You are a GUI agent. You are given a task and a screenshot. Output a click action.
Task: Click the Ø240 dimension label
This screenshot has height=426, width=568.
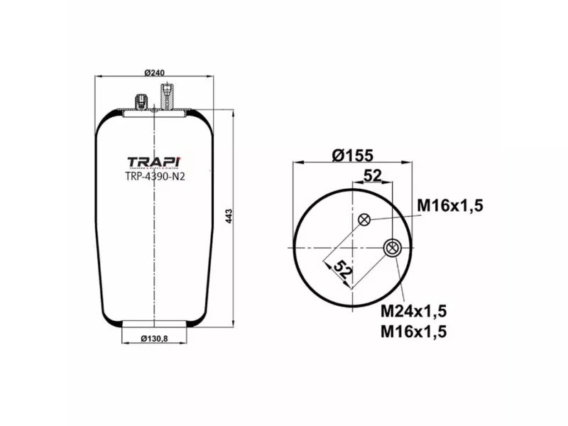pyautogui.click(x=154, y=72)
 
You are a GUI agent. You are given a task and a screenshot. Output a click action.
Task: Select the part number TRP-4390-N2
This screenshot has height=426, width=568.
pyautogui.click(x=155, y=177)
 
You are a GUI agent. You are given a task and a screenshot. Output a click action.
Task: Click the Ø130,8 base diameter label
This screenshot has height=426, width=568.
pyautogui.click(x=154, y=337)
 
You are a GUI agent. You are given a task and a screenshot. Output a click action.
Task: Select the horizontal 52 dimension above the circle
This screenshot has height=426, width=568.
pyautogui.click(x=373, y=175)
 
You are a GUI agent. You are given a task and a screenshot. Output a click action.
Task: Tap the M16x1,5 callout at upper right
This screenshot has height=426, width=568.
pyautogui.click(x=449, y=205)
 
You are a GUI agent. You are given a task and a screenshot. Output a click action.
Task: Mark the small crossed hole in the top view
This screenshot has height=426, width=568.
pyautogui.click(x=364, y=219)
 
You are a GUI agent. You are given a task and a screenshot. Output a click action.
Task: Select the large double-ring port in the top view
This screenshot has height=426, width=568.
pyautogui.click(x=392, y=248)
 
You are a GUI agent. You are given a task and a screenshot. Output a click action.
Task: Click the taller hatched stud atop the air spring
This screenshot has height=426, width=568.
pyautogui.click(x=166, y=97)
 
